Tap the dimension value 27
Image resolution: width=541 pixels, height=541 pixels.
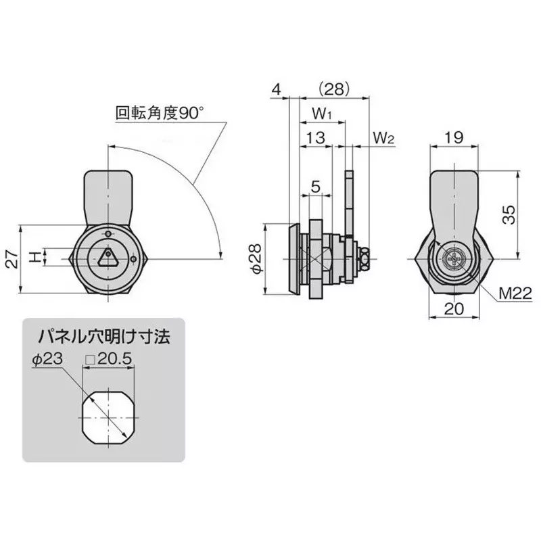pos(11,258)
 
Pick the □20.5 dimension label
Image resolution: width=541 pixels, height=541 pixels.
pos(108,360)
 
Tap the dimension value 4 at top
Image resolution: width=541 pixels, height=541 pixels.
pos(275,89)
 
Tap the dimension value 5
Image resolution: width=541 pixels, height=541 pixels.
pos(315,187)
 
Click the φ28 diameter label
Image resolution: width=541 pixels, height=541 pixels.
pos(255,259)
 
